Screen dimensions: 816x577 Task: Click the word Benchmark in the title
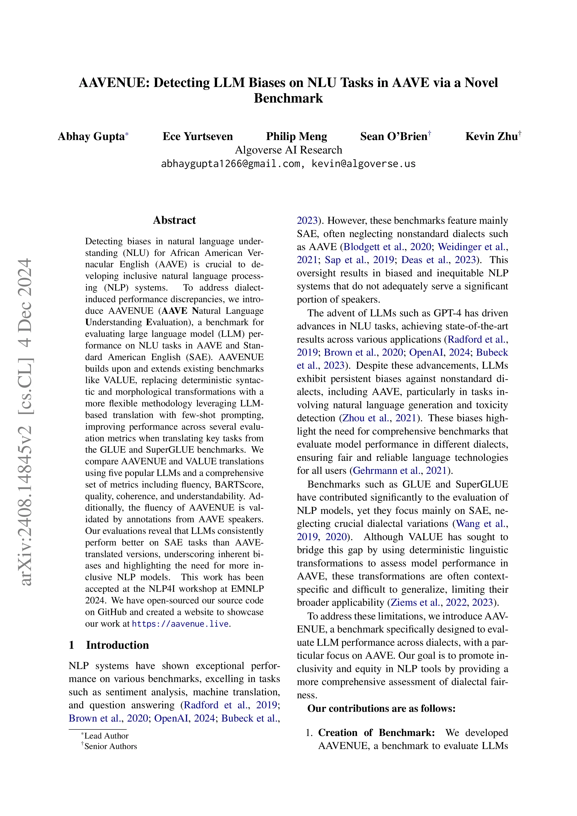point(288,98)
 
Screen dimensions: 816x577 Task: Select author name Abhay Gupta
point(91,137)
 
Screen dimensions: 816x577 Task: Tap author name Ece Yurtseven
point(198,137)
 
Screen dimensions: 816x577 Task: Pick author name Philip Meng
point(296,137)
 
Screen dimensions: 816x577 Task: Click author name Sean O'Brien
point(394,137)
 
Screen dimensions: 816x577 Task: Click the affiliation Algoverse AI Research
point(288,150)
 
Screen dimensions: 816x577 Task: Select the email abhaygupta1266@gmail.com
point(230,164)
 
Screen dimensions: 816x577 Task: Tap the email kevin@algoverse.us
point(363,164)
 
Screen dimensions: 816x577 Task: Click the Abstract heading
point(174,220)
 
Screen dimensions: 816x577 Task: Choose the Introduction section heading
point(117,645)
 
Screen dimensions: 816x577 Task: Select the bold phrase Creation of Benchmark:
point(376,733)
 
